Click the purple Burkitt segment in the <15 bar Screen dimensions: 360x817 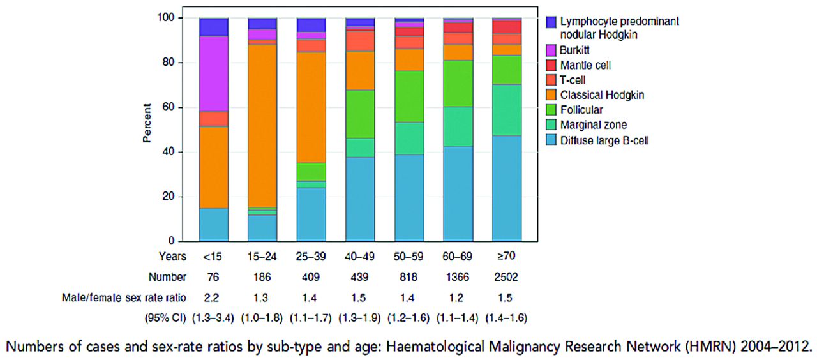[214, 73]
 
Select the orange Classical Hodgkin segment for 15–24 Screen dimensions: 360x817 [262, 115]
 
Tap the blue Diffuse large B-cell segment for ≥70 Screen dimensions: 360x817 [507, 188]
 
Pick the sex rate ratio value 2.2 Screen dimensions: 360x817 [214, 297]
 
